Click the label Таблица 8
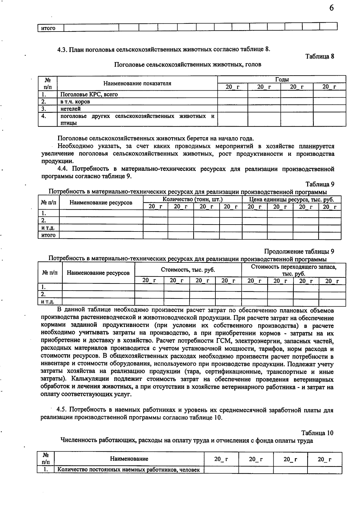click(x=320, y=56)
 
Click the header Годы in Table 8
click(x=282, y=80)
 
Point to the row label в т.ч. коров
click(x=75, y=101)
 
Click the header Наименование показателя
click(x=137, y=83)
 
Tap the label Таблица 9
click(x=320, y=184)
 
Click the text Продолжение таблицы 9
click(x=299, y=251)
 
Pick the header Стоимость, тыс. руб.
click(x=188, y=270)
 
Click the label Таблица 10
click(x=317, y=433)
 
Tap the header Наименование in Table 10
click(x=129, y=459)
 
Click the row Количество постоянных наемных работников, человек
click(x=128, y=470)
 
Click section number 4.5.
click(x=63, y=410)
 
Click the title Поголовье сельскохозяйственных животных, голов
click(x=187, y=65)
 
